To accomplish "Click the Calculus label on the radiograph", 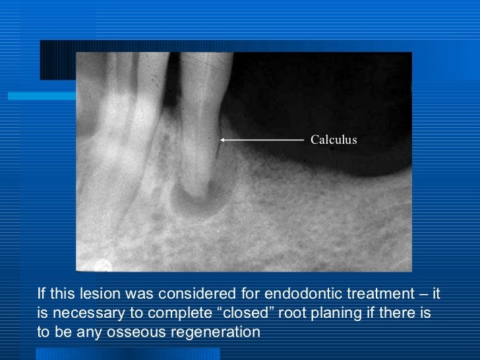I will (334, 140).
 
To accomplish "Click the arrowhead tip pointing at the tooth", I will (222, 140).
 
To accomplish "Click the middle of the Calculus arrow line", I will (262, 140).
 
